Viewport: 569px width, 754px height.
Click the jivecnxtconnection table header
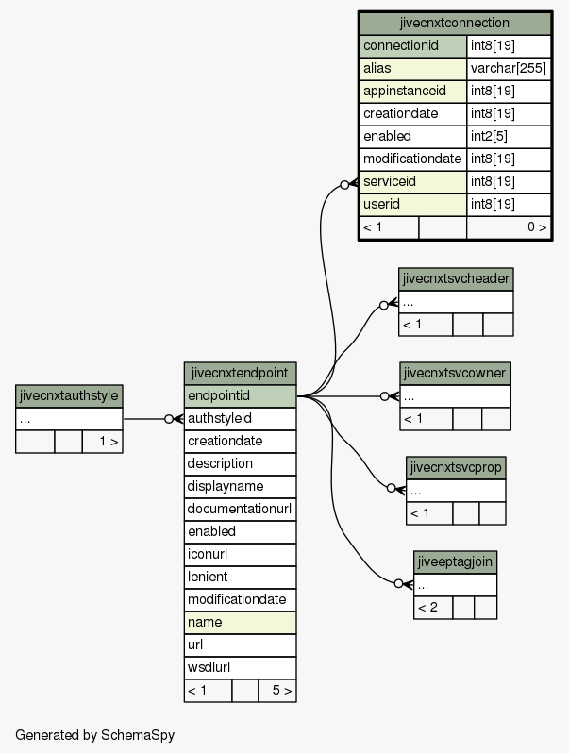[455, 23]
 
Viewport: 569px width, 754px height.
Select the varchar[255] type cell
[509, 68]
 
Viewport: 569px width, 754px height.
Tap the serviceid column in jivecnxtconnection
[413, 182]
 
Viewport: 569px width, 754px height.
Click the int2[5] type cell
[509, 137]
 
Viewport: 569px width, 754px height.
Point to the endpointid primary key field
[240, 395]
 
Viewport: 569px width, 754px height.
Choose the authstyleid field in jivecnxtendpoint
[240, 418]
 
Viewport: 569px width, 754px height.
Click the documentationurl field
[240, 509]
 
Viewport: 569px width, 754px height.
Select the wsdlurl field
[240, 667]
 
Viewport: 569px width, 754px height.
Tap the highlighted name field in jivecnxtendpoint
[240, 622]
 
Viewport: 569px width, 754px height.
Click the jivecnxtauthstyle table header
[69, 396]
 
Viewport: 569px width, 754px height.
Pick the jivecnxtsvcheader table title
[456, 279]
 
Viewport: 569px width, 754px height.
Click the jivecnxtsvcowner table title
[455, 373]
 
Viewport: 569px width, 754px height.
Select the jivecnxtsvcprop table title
[456, 467]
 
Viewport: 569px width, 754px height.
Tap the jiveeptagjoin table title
[455, 561]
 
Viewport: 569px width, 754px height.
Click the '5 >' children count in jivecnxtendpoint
[277, 691]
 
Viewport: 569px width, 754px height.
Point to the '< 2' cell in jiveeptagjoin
[433, 608]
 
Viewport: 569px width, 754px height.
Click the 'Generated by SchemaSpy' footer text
[94, 735]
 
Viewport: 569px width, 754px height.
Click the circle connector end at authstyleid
[169, 419]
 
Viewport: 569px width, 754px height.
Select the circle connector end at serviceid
[344, 185]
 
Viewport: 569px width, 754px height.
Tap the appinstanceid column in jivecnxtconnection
[413, 92]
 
